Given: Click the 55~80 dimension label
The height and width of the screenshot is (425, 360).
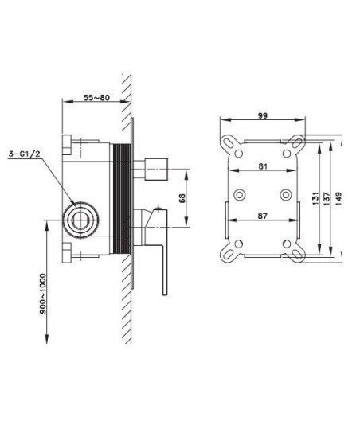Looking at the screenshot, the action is click(96, 98).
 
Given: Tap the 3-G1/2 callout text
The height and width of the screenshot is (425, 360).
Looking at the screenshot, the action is click(25, 154).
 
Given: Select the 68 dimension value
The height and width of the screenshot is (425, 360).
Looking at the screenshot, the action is click(182, 197).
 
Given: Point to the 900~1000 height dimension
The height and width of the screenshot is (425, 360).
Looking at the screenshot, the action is click(42, 294).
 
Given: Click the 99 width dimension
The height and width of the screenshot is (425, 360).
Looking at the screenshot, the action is click(262, 115).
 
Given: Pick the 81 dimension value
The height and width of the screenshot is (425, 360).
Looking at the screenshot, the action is click(263, 166).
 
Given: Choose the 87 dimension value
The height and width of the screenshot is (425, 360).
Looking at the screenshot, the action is click(263, 216).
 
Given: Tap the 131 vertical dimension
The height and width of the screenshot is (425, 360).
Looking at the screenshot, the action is click(315, 198).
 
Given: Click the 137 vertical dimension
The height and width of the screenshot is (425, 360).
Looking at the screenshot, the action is click(327, 198).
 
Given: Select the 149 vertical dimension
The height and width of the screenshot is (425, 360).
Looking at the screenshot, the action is click(338, 198).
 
